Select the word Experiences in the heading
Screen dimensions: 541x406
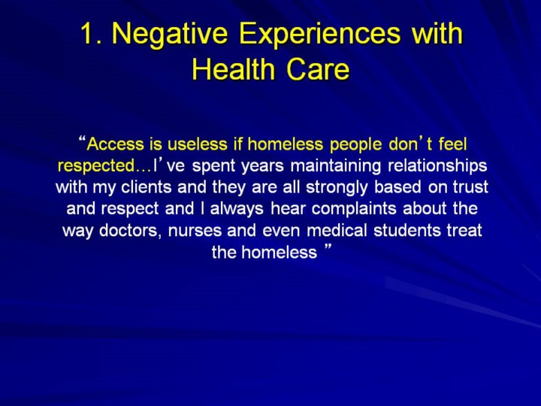click(319, 35)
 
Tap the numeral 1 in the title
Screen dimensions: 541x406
click(88, 34)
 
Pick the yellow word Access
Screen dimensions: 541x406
click(115, 144)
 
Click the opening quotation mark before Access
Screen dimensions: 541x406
click(82, 139)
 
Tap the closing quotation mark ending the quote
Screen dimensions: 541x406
click(328, 247)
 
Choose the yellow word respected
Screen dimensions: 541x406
click(97, 166)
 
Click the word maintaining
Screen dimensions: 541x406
click(335, 165)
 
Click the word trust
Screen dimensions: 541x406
click(470, 187)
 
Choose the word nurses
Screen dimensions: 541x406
click(195, 231)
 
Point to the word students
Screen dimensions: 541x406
click(407, 230)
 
